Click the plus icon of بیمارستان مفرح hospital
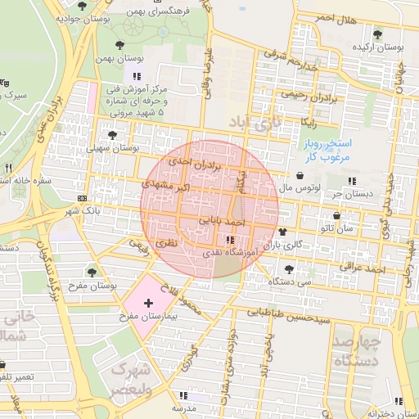tap(148, 303)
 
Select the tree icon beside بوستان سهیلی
tap(113, 136)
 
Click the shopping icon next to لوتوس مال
tap(291, 175)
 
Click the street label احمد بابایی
tap(223, 221)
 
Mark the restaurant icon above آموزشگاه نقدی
tap(230, 240)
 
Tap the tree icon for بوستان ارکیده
tap(376, 34)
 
